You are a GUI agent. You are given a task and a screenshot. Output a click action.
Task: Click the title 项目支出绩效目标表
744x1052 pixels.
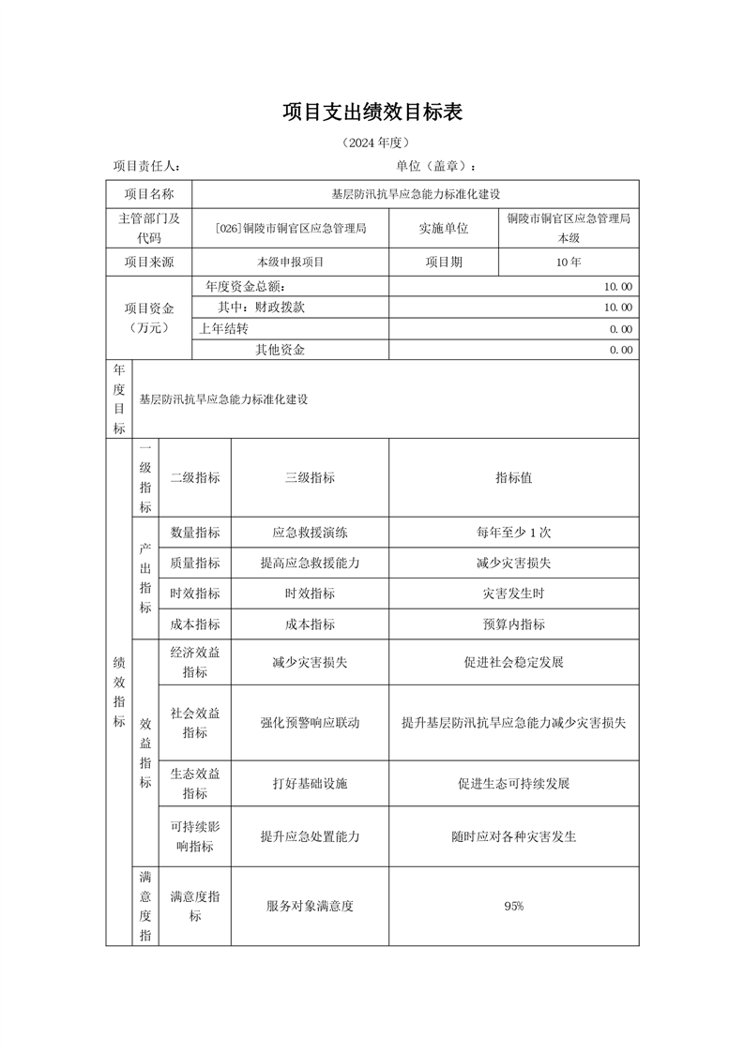[x=372, y=113]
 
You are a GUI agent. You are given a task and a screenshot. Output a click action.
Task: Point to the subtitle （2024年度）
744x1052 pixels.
[x=372, y=143]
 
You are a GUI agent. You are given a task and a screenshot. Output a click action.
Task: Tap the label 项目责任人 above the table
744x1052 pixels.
[x=147, y=166]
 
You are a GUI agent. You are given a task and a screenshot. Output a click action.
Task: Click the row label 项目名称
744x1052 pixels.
[x=149, y=194]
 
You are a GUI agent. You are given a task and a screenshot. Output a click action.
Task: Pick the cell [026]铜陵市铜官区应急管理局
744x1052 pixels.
[x=290, y=228]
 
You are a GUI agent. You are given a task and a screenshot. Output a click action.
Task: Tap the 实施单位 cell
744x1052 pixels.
[x=444, y=228]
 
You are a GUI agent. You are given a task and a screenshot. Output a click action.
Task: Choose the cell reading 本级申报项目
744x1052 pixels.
[x=290, y=263]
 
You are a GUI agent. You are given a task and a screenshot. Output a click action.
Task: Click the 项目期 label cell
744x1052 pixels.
[x=444, y=263]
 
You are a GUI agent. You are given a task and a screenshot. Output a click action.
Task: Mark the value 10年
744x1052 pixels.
[x=569, y=263]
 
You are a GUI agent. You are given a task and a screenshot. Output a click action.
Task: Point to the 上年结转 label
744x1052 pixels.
[x=223, y=328]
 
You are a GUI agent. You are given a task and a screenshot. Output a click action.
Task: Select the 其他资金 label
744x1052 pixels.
[x=281, y=350]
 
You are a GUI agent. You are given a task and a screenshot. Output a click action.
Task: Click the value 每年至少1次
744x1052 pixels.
[x=513, y=533]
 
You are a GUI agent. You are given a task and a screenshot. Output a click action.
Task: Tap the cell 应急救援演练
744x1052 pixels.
[x=310, y=533]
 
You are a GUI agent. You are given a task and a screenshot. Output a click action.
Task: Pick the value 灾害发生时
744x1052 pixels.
[x=513, y=594]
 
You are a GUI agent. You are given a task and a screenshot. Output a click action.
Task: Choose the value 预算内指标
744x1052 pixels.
[x=513, y=624]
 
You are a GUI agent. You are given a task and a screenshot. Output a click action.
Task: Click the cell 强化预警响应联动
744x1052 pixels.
[x=310, y=723]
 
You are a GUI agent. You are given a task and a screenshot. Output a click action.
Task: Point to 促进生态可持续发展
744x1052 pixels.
[x=513, y=783]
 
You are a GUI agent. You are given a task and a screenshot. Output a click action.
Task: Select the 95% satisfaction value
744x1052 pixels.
[x=513, y=907]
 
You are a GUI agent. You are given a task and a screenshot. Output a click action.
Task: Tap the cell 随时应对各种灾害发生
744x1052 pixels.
[x=513, y=836]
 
